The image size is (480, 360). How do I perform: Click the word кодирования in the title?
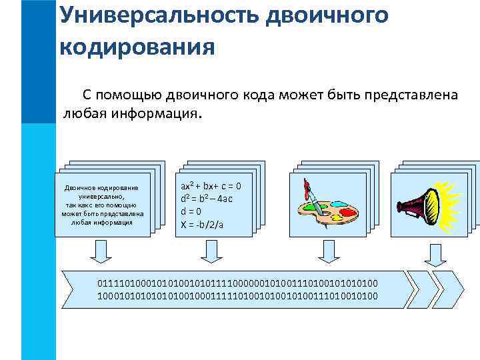[137, 47]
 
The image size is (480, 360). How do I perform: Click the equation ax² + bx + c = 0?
[211, 187]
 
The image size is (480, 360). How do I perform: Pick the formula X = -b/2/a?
[202, 225]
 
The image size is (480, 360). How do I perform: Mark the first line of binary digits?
[237, 285]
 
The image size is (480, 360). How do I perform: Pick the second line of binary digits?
[237, 295]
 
